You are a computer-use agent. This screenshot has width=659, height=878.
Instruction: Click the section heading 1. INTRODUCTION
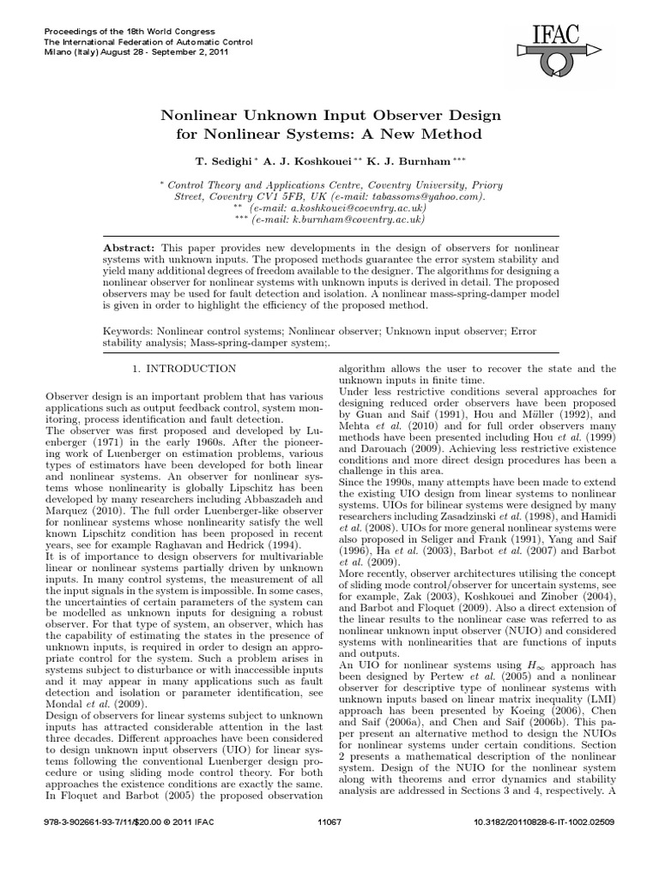pos(184,369)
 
